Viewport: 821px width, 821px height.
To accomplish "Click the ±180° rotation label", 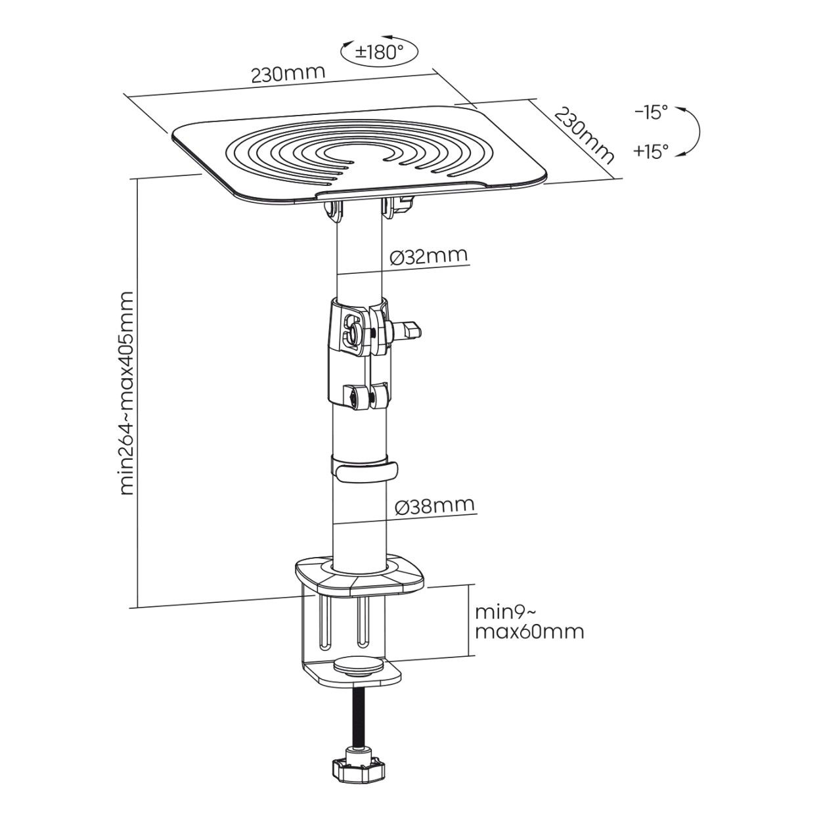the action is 379,52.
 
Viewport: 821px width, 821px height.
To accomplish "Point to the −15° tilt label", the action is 651,114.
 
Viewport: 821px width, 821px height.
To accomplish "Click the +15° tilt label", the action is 651,151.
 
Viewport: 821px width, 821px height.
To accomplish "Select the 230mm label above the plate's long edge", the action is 288,74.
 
